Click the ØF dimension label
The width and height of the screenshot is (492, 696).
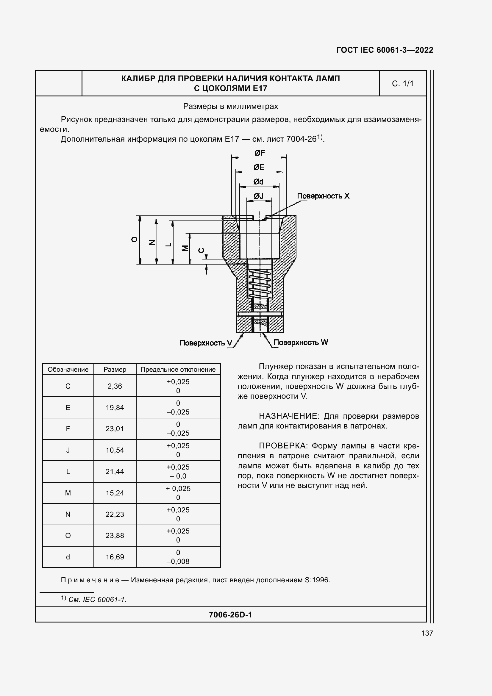point(260,153)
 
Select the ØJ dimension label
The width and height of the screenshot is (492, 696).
point(259,196)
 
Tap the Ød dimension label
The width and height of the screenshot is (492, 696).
point(258,182)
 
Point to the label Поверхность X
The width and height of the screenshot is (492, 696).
point(323,196)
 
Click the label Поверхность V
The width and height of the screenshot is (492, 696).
point(206,343)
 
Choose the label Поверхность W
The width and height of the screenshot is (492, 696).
point(301,342)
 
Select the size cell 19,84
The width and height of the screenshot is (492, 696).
point(115,408)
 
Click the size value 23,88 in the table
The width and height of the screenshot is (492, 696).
point(115,536)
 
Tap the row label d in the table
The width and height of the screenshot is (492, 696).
point(68,557)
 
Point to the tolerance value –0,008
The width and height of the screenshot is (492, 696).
point(178,562)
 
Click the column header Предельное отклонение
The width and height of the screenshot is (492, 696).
point(178,370)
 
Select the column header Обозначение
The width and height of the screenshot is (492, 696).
point(68,370)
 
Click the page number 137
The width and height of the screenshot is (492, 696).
point(427,633)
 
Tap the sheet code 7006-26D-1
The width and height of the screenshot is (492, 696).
point(230,615)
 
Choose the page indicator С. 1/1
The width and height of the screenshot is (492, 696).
point(403,84)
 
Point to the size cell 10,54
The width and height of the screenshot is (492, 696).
point(115,450)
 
